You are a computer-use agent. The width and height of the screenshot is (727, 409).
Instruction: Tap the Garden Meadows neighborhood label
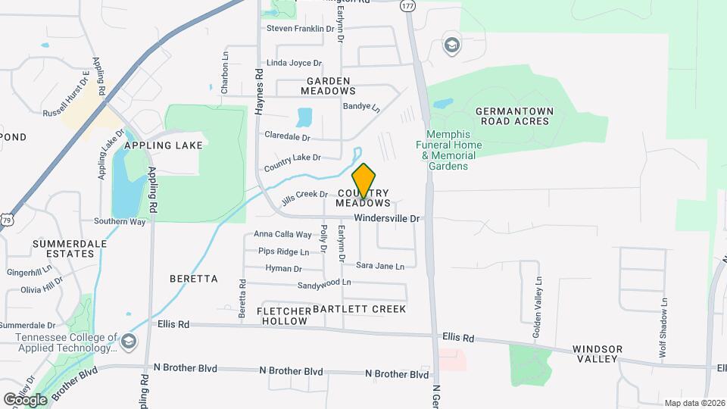click(x=328, y=86)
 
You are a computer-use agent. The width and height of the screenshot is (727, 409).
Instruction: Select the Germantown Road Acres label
click(x=515, y=117)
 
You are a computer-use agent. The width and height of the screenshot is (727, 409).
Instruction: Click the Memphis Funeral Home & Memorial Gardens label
click(x=452, y=150)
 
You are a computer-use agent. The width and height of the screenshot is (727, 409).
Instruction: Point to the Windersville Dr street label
click(x=387, y=218)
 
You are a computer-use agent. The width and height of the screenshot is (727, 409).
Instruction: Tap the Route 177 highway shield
click(x=408, y=5)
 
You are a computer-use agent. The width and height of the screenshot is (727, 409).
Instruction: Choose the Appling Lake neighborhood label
click(x=164, y=145)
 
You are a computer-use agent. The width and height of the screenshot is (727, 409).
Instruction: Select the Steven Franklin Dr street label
click(x=300, y=29)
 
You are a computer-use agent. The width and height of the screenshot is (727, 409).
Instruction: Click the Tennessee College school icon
click(x=129, y=341)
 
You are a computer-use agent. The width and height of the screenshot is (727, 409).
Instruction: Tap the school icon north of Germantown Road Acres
click(x=452, y=45)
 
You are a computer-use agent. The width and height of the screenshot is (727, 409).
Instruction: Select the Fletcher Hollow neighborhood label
click(x=284, y=316)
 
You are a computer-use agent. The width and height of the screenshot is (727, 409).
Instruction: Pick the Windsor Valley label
click(x=598, y=354)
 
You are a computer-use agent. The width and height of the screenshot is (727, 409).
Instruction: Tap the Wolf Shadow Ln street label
click(x=664, y=317)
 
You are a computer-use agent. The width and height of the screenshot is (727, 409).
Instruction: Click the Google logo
click(x=25, y=399)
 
